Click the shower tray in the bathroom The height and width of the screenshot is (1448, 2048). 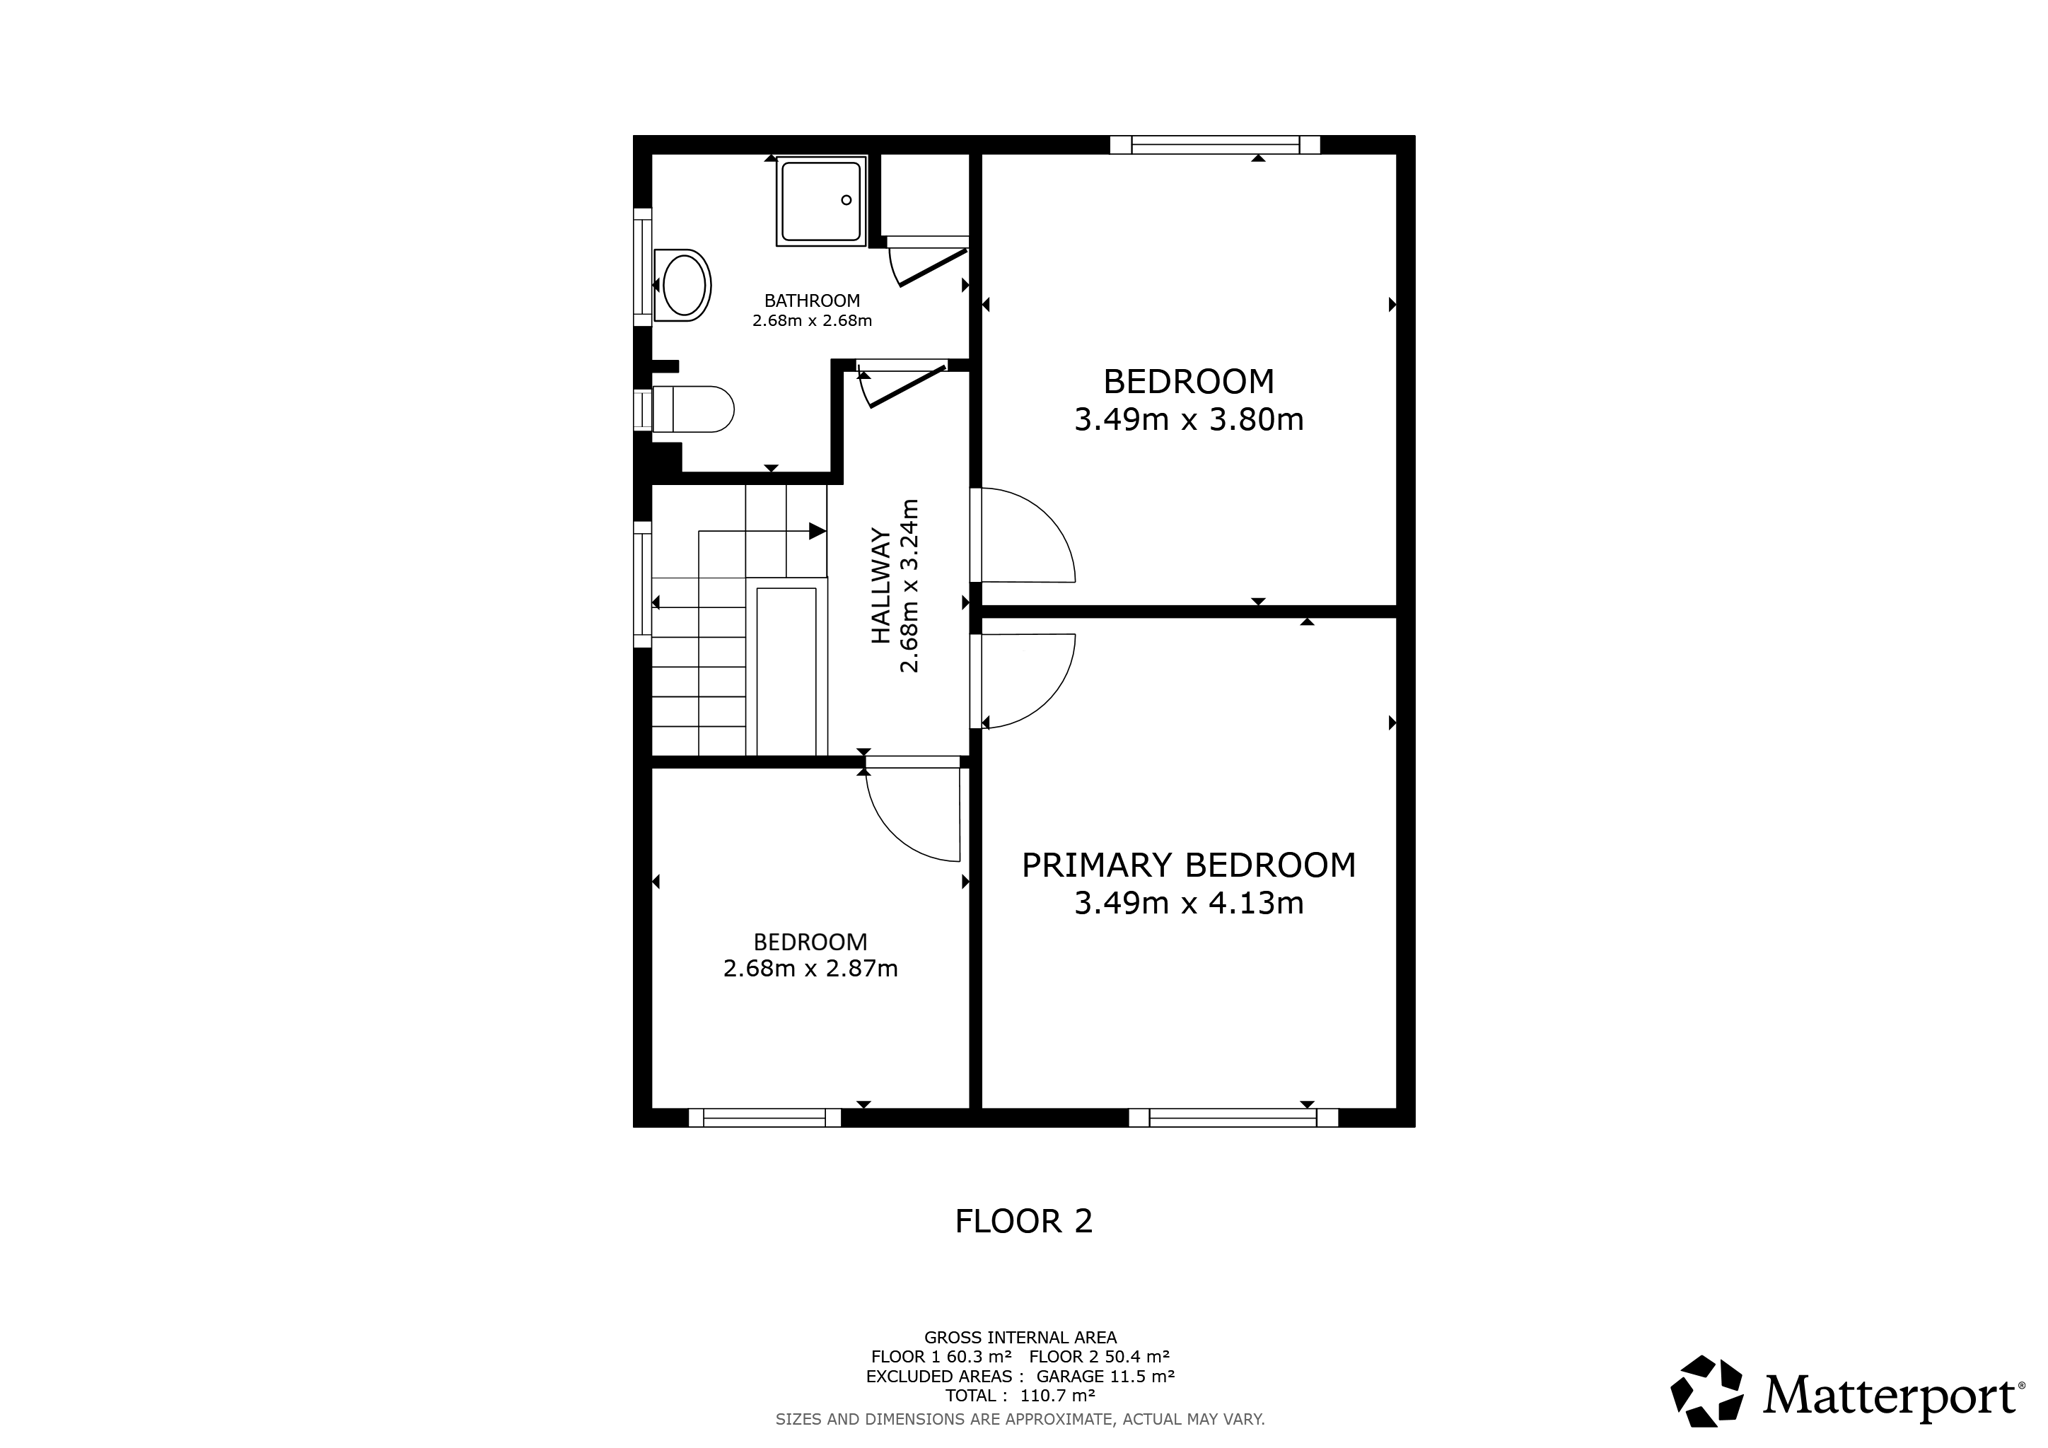[x=821, y=201]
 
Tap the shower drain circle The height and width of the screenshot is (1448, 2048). [x=846, y=200]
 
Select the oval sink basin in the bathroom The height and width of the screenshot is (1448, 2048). [x=684, y=285]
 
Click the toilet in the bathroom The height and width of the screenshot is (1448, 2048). [x=693, y=409]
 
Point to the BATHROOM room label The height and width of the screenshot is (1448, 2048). [x=812, y=301]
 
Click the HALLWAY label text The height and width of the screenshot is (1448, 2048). [x=881, y=586]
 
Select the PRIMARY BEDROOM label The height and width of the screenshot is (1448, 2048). [x=1189, y=865]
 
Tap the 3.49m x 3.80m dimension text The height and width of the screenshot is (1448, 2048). [x=1189, y=420]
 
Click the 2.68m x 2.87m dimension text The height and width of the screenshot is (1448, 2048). [x=811, y=968]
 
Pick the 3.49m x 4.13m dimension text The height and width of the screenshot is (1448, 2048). [x=1189, y=904]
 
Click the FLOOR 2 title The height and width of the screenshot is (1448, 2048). [x=1024, y=1221]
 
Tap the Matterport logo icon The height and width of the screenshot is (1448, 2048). [x=1707, y=1391]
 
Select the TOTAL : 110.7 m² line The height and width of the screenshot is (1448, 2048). [x=1021, y=1395]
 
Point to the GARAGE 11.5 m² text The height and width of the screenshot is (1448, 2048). [x=1106, y=1376]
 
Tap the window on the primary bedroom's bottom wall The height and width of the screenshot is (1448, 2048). [x=1234, y=1118]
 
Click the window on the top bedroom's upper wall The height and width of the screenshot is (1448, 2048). [x=1215, y=144]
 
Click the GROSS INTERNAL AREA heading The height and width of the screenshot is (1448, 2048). [x=1021, y=1337]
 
